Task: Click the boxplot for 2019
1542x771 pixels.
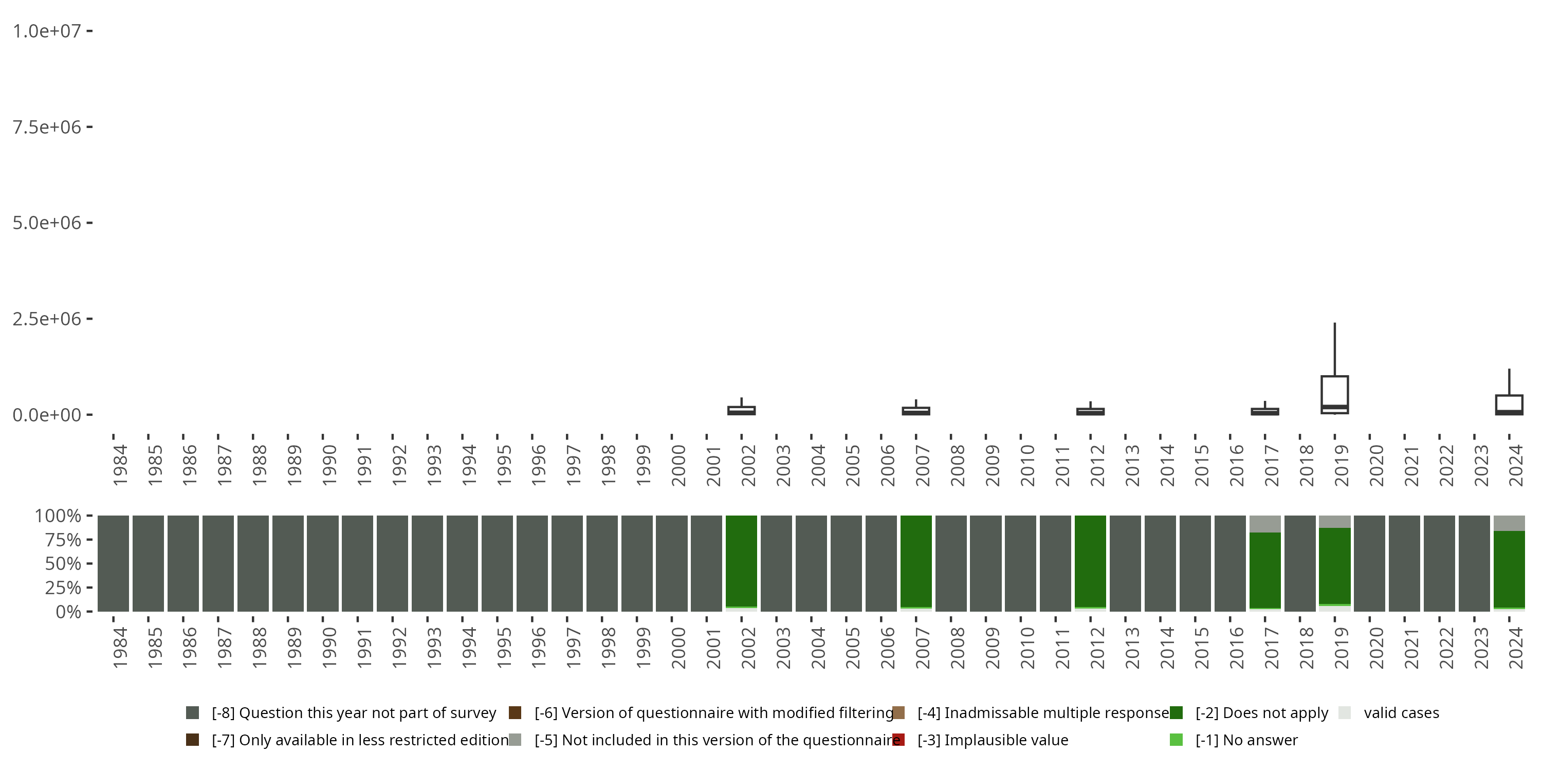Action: click(x=1334, y=394)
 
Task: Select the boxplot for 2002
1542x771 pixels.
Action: click(x=741, y=411)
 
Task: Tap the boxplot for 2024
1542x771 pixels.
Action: click(x=1509, y=404)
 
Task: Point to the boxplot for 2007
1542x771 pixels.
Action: click(x=916, y=411)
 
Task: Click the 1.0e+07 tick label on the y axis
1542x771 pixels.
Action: click(x=47, y=31)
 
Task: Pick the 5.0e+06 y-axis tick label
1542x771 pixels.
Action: click(x=47, y=223)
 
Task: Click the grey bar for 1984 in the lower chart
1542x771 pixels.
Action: click(x=113, y=563)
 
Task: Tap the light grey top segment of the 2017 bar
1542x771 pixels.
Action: click(x=1265, y=524)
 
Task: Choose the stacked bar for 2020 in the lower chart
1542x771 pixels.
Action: click(x=1370, y=563)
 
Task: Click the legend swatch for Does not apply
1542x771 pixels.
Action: click(x=1176, y=713)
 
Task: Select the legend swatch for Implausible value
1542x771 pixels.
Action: click(x=898, y=740)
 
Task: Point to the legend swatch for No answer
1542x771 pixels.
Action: click(x=1176, y=740)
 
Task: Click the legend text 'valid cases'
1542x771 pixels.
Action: click(x=1401, y=713)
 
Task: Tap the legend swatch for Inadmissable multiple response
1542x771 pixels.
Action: click(x=898, y=713)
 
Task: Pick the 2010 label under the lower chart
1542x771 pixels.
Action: click(x=1027, y=648)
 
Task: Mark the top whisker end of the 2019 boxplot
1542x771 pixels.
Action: click(x=1334, y=324)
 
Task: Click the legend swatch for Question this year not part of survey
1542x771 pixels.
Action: click(x=192, y=713)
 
